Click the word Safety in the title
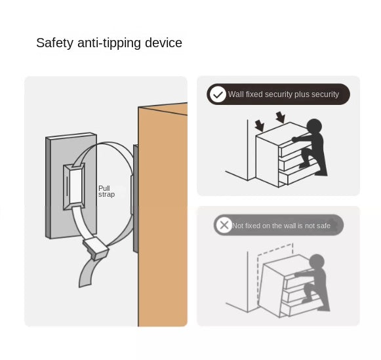pyautogui.click(x=54, y=43)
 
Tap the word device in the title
pyautogui.click(x=163, y=43)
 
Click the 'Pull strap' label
pyautogui.click(x=106, y=191)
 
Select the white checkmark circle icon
pyautogui.click(x=218, y=94)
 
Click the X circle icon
pyautogui.click(x=224, y=225)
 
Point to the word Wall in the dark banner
pyautogui.click(x=235, y=94)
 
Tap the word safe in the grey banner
pyautogui.click(x=323, y=226)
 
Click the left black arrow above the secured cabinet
pyautogui.click(x=260, y=126)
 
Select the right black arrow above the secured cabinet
pyautogui.click(x=281, y=117)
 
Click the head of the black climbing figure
pyautogui.click(x=314, y=127)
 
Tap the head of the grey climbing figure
pyautogui.click(x=317, y=262)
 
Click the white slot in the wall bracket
pyautogui.click(x=75, y=186)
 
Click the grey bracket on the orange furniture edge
pyautogui.click(x=135, y=198)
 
